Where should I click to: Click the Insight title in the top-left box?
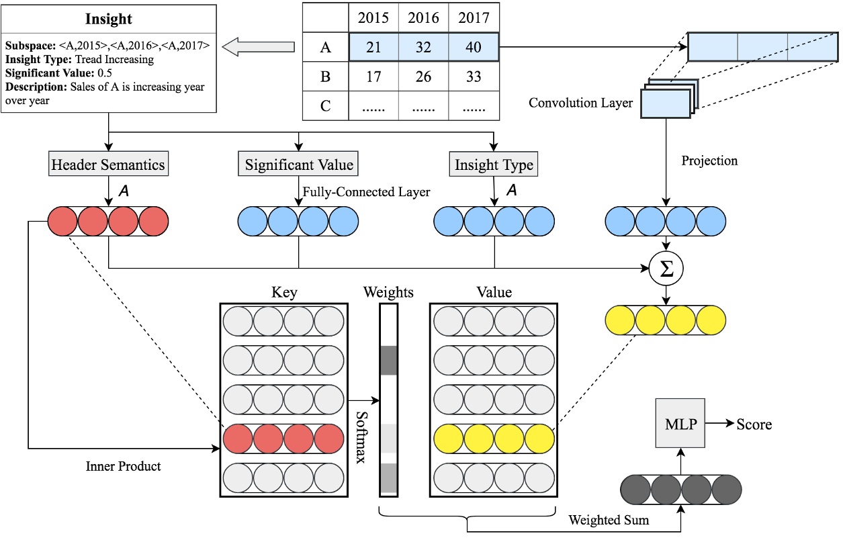tap(109, 19)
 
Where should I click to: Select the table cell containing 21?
tap(374, 48)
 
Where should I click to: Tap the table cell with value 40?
tap(474, 48)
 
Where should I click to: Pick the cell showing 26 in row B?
tap(424, 77)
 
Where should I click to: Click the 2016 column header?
tap(424, 17)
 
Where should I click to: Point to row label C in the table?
tap(325, 106)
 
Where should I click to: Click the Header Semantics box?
tap(109, 164)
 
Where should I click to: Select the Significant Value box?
tap(298, 164)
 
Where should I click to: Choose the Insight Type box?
tap(494, 164)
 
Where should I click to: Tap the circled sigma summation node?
tap(666, 268)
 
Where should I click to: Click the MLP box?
tap(681, 424)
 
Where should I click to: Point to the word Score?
tap(754, 424)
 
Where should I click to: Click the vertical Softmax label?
tap(363, 437)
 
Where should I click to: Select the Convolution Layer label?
tap(580, 103)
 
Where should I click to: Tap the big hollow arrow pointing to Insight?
tap(258, 47)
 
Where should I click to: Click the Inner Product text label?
tap(123, 466)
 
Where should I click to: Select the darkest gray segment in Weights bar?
tap(389, 360)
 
